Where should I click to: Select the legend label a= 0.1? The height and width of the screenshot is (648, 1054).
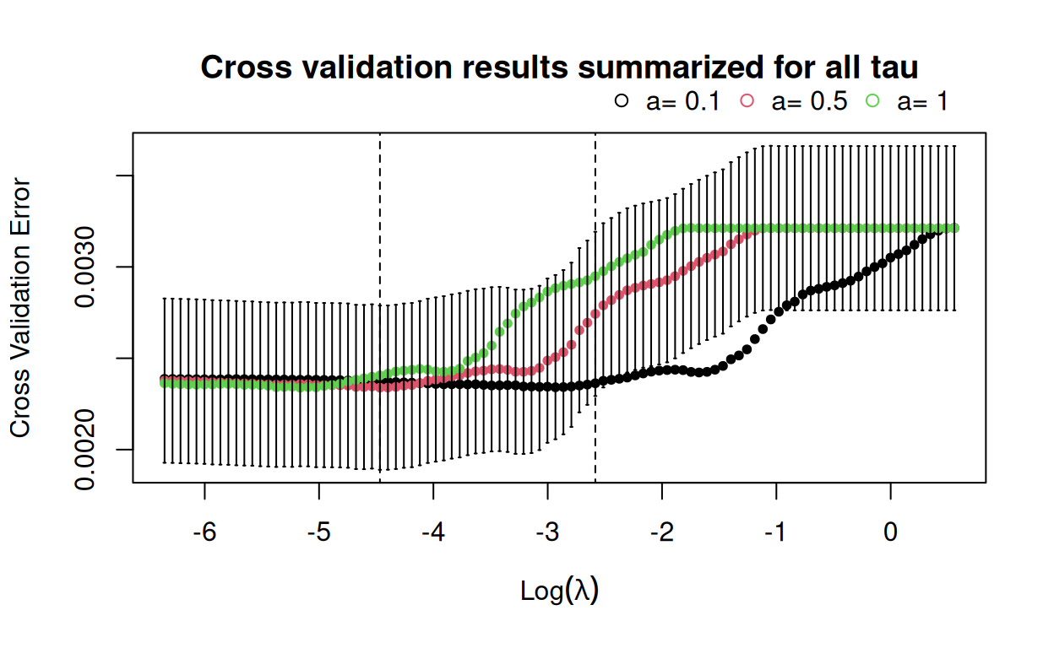click(682, 101)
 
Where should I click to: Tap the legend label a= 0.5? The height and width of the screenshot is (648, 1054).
click(809, 101)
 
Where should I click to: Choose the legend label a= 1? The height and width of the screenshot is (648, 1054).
click(922, 101)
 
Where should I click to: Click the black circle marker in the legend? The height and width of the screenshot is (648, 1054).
click(622, 100)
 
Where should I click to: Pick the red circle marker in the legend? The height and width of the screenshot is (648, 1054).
click(747, 100)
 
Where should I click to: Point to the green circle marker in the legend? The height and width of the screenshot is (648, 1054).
click(872, 100)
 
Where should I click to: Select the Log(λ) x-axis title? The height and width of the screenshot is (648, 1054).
click(559, 591)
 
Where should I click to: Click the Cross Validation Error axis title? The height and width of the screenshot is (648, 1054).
click(20, 308)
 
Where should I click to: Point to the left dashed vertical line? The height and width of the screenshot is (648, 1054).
click(380, 253)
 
